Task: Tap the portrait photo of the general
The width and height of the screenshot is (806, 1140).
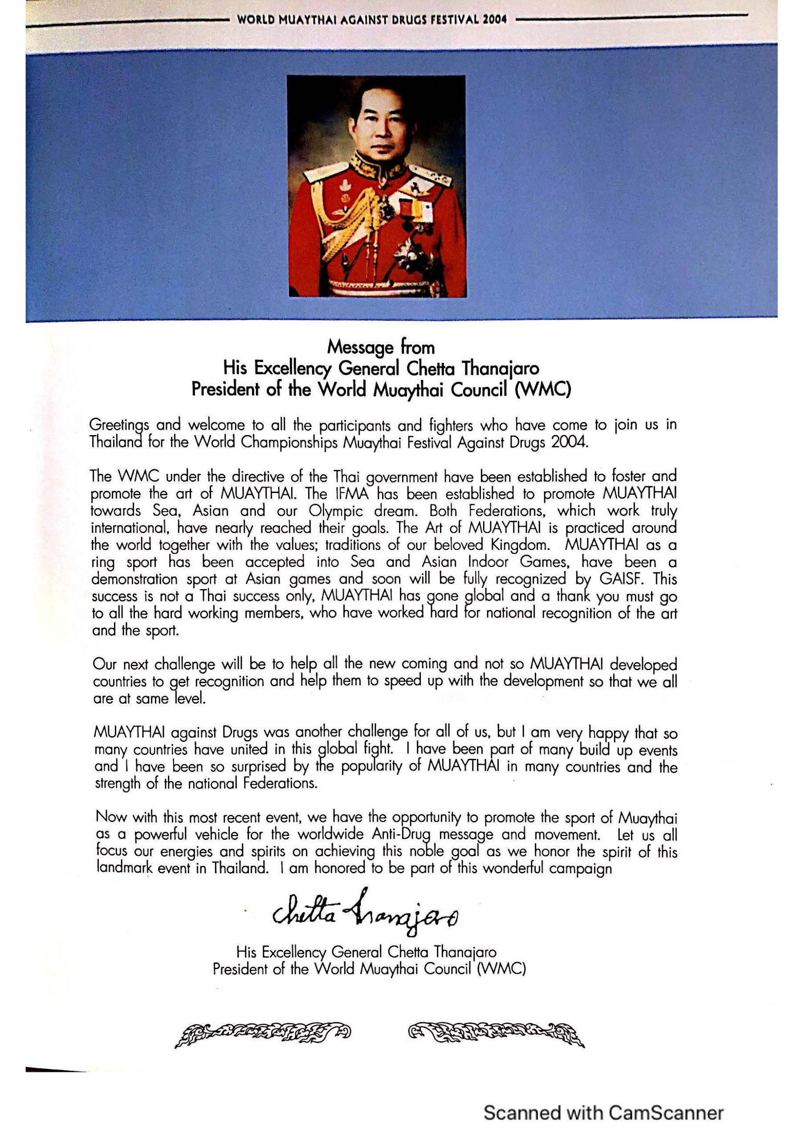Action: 376,186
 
